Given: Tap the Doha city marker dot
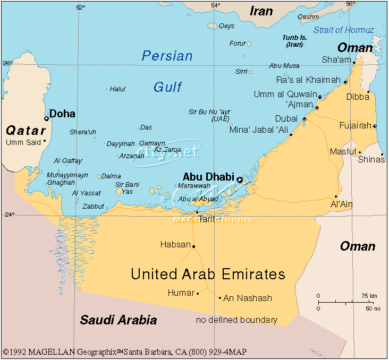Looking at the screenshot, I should [46, 118].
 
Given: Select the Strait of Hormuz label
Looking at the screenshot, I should [343, 30].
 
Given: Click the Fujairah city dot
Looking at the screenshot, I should [375, 126].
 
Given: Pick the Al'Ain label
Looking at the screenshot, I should [341, 204].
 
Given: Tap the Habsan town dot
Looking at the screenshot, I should [193, 246].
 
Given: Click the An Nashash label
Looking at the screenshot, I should [248, 298].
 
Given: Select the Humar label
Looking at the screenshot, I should [181, 293].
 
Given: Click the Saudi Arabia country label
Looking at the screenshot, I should [119, 320].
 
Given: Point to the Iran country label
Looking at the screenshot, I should [261, 11].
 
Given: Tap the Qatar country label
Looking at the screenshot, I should [26, 130].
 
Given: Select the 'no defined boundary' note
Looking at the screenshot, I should [236, 320].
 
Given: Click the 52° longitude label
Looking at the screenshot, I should [80, 7].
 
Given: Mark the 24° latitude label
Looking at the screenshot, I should [9, 215].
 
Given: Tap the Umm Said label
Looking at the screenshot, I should [22, 142].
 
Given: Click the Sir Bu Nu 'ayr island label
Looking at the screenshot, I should [209, 115].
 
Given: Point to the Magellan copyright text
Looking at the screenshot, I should [124, 352].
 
